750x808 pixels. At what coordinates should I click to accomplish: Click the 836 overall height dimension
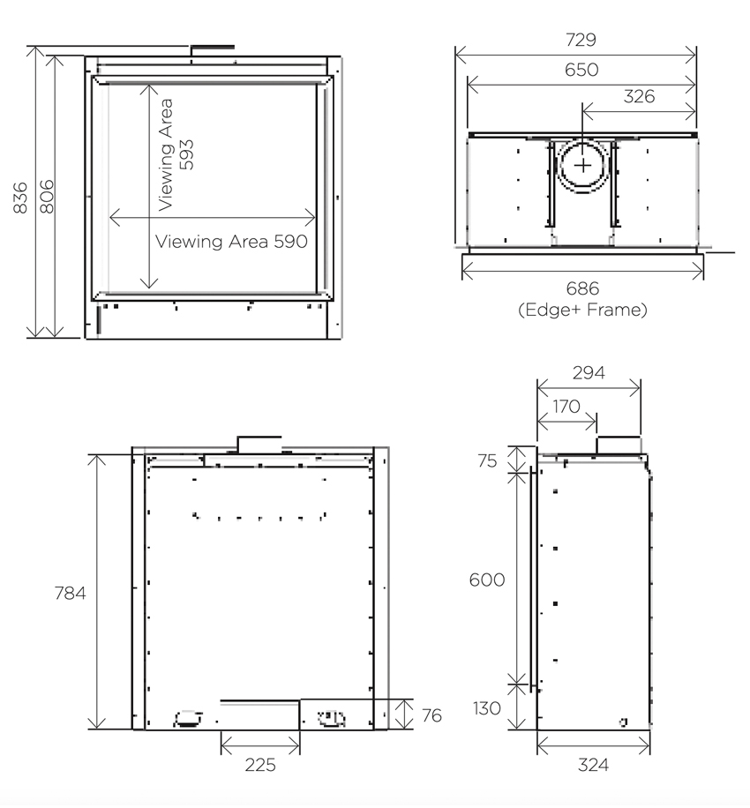pos(20,198)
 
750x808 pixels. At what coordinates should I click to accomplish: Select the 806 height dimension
pos(47,197)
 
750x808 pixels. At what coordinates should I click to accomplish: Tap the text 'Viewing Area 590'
pos(231,241)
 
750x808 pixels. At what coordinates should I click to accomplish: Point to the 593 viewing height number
pos(186,154)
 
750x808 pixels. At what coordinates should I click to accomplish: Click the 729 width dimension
pos(581,40)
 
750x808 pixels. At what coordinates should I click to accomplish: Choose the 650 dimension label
pos(581,70)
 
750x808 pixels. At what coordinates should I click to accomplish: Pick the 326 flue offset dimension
pos(639,96)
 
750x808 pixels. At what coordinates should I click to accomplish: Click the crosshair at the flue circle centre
pos(583,166)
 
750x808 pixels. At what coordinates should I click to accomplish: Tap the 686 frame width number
pos(582,288)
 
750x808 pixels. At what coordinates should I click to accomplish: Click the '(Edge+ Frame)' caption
pos(582,310)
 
